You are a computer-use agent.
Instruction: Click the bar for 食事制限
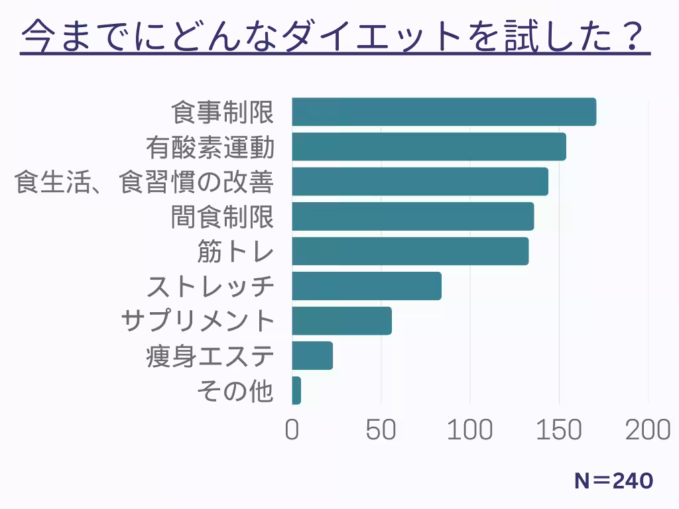444,112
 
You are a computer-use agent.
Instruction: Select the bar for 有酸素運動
428,146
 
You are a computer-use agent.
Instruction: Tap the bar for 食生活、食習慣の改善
420,182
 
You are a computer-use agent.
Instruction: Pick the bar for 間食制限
412,217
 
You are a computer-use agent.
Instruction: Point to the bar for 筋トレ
410,251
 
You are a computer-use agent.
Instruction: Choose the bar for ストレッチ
366,286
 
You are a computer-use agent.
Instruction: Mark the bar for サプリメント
341,321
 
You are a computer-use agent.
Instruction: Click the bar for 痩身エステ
312,356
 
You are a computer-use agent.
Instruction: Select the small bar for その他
296,391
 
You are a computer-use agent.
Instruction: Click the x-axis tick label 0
292,431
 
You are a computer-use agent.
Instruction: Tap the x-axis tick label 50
381,431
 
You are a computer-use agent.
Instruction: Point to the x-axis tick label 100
470,431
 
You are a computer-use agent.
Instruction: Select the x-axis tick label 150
559,431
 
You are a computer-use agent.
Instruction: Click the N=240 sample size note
613,481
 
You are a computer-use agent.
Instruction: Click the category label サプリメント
198,321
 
